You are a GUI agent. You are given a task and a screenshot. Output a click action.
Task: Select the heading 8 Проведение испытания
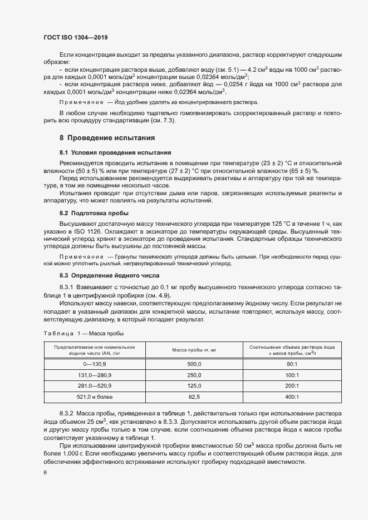[106, 137]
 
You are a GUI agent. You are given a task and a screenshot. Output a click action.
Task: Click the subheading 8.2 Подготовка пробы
[94, 213]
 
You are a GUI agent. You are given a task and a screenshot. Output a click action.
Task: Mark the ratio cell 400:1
[292, 397]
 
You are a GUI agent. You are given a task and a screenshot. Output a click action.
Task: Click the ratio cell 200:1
[292, 385]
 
